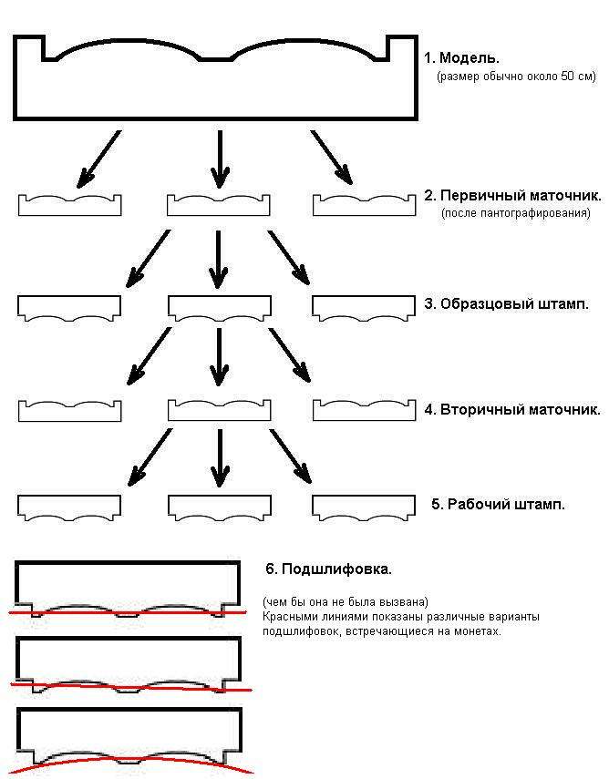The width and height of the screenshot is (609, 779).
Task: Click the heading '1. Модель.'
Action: (x=461, y=58)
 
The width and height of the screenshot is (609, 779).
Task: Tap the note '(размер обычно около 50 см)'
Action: (x=516, y=77)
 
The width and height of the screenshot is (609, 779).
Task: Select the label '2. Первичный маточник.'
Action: (x=512, y=195)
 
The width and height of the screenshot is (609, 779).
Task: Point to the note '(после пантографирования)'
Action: (x=515, y=213)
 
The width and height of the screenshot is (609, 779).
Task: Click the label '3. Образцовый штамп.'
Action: (x=506, y=303)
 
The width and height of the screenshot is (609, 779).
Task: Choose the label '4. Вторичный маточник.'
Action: (x=512, y=410)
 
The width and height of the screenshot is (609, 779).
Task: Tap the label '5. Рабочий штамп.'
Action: (x=498, y=504)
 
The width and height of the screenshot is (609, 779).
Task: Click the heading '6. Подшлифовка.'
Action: (x=328, y=569)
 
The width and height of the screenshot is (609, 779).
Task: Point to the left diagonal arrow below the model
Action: (x=98, y=159)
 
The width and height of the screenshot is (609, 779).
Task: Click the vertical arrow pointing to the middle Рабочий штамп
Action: (x=219, y=458)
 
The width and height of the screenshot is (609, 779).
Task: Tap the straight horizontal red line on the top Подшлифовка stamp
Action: (x=128, y=612)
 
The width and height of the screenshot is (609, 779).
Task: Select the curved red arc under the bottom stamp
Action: (x=130, y=760)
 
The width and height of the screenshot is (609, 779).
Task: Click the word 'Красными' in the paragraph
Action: (x=287, y=617)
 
